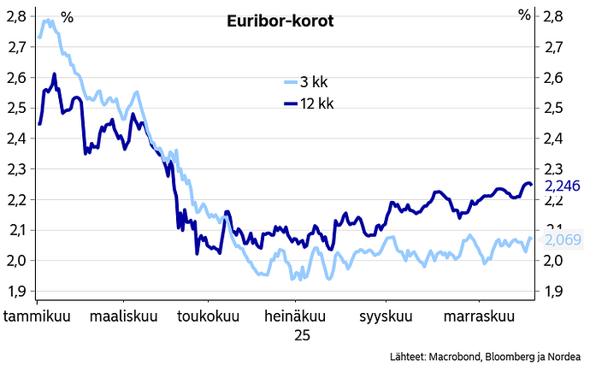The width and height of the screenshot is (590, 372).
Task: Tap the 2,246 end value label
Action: click(562, 186)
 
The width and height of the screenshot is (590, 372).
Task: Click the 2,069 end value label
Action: click(562, 240)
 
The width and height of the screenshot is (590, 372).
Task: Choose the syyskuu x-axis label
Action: click(386, 316)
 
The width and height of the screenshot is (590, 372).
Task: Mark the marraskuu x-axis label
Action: click(479, 316)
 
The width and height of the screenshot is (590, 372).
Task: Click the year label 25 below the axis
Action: click(302, 336)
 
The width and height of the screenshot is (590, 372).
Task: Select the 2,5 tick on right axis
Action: click(552, 108)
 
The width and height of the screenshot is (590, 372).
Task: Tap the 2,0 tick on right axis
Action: click(552, 261)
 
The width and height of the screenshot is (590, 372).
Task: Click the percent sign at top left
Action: click(67, 16)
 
